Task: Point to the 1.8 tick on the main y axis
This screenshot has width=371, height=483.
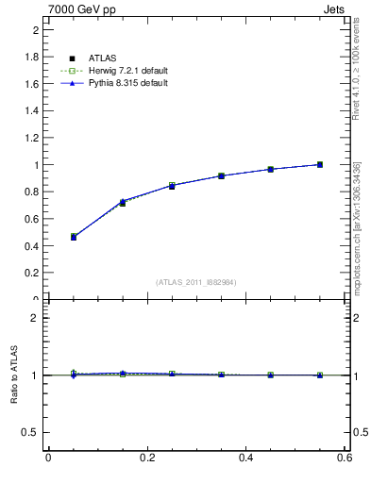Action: (32, 57)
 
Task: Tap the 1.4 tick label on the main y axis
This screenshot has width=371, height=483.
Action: (32, 110)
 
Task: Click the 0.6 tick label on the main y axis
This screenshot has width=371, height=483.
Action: (32, 219)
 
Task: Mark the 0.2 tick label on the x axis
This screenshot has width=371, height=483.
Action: (146, 458)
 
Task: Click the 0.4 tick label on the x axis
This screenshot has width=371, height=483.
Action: (245, 458)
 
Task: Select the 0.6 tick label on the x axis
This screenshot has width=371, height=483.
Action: (344, 458)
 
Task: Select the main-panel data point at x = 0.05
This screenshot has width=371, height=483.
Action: (74, 237)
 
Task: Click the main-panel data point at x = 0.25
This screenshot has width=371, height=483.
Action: (172, 186)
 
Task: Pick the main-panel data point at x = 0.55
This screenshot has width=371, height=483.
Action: (320, 164)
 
